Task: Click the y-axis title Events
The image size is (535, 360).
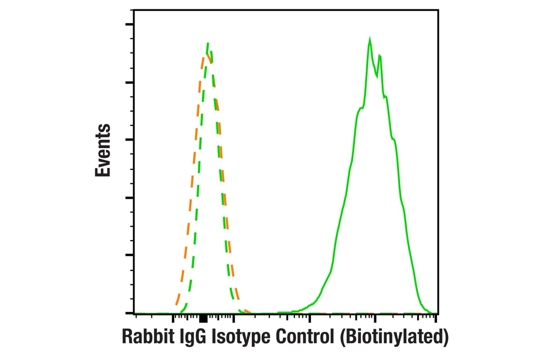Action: [x=103, y=150]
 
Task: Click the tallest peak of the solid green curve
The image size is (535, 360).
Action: [x=370, y=40]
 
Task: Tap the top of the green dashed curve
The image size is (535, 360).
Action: [x=208, y=44]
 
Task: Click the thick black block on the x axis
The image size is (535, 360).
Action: [x=203, y=319]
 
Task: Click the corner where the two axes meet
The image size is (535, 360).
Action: [x=134, y=313]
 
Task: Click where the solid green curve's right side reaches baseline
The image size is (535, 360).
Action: [x=427, y=311]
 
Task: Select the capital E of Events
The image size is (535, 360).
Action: [x=103, y=172]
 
